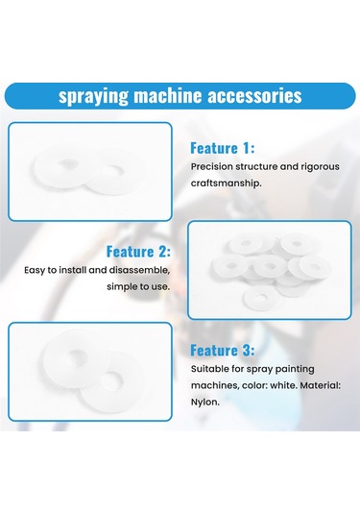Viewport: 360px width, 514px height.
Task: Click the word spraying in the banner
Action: pyautogui.click(x=93, y=96)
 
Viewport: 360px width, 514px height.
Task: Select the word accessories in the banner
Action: pyautogui.click(x=254, y=95)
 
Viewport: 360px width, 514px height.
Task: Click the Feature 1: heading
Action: pyautogui.click(x=223, y=148)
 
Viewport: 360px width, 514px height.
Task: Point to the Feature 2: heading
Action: pyautogui.click(x=138, y=252)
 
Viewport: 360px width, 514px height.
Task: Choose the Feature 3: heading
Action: pyautogui.click(x=223, y=351)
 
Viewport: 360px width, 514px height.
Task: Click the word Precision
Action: pyautogui.click(x=211, y=166)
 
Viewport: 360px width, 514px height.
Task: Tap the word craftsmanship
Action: pyautogui.click(x=226, y=183)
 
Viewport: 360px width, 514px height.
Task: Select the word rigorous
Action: pyautogui.click(x=320, y=167)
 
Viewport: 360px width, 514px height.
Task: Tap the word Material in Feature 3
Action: pyautogui.click(x=320, y=385)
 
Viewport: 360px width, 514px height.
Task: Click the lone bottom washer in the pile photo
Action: pyautogui.click(x=261, y=298)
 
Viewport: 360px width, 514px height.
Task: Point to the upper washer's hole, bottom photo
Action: pyautogui.click(x=77, y=357)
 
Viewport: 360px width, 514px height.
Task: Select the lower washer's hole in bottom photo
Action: pyautogui.click(x=111, y=380)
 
